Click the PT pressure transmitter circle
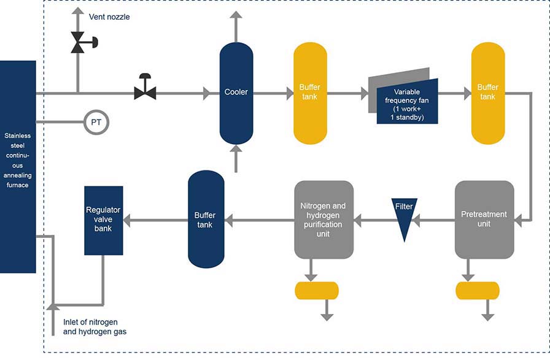click(x=96, y=122)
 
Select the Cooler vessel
click(x=236, y=93)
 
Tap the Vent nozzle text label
click(x=109, y=17)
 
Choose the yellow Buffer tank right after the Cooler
click(x=309, y=93)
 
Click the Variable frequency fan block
click(x=406, y=99)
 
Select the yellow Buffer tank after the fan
click(x=487, y=93)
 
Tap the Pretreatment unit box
click(x=484, y=219)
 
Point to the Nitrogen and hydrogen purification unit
click(x=323, y=219)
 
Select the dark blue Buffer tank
click(x=206, y=220)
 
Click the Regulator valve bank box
click(x=103, y=220)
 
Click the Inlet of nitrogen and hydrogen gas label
click(x=95, y=327)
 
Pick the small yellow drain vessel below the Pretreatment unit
click(x=478, y=290)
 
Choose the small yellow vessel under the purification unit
click(x=317, y=290)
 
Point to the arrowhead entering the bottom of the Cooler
click(x=236, y=148)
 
